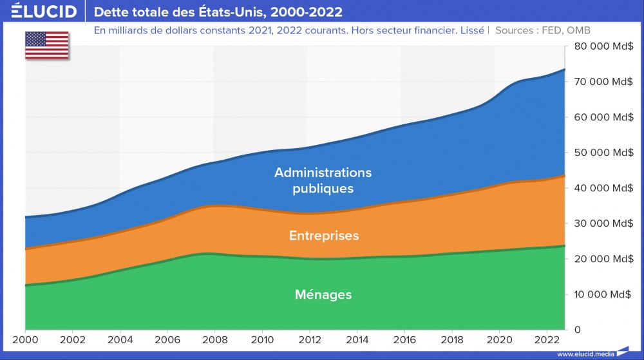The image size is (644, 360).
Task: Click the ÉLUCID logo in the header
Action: (x=39, y=12)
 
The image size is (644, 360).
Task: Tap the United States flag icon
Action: (x=47, y=44)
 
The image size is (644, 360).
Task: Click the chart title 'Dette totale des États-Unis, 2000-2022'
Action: (x=218, y=12)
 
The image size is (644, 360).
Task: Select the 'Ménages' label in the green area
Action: (x=323, y=294)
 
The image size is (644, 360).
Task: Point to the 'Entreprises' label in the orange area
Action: (x=324, y=236)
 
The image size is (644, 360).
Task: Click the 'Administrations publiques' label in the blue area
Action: (x=323, y=180)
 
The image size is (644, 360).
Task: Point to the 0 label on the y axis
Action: (x=577, y=330)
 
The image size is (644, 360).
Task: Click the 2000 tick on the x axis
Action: (x=25, y=339)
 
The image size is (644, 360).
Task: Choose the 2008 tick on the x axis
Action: (x=214, y=339)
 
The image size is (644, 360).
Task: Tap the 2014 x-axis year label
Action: (x=357, y=339)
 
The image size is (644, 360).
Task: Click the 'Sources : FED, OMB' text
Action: (x=543, y=30)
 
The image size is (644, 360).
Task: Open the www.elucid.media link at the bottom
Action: (x=584, y=354)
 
